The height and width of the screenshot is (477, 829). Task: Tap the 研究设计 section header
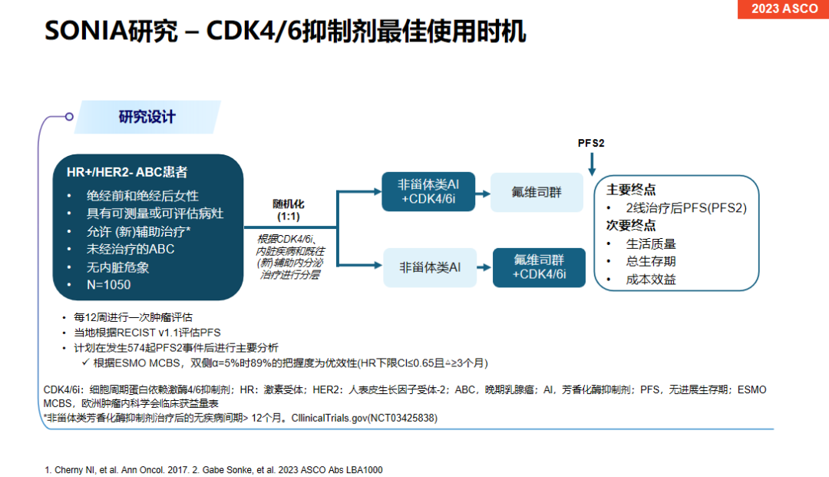(147, 117)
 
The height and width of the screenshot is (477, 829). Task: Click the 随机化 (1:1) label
(289, 210)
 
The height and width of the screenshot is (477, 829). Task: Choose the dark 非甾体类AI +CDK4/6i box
(428, 191)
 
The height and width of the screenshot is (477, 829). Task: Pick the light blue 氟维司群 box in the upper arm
(537, 191)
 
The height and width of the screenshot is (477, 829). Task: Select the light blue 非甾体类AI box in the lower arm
(429, 267)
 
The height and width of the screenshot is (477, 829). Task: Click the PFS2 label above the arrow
(591, 144)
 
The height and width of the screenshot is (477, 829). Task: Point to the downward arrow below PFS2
(592, 165)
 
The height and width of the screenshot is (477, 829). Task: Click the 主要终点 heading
(631, 190)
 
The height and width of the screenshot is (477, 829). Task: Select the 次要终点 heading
(631, 225)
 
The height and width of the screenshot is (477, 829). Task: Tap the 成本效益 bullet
(651, 279)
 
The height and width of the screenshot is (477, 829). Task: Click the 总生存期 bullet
(651, 261)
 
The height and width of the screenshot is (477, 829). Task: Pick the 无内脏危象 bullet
(118, 267)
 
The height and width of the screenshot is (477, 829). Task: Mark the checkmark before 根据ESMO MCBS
(86, 363)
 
